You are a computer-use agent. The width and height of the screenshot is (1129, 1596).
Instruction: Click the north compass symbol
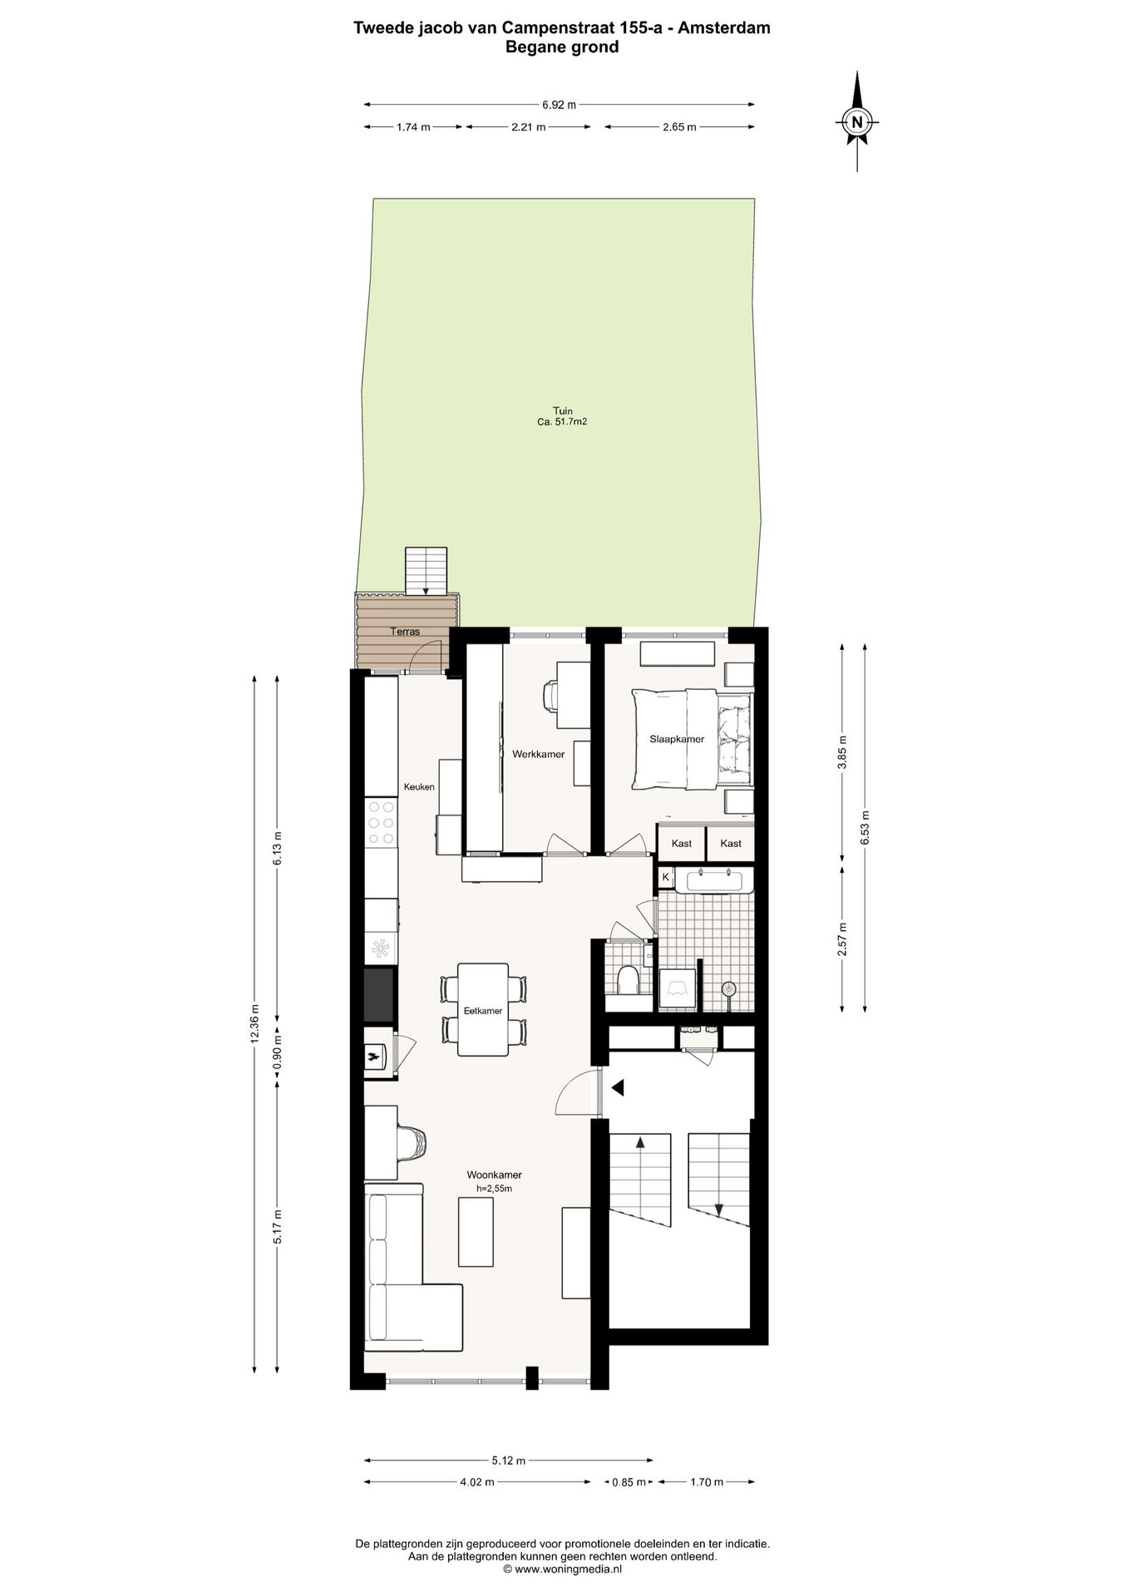point(856,122)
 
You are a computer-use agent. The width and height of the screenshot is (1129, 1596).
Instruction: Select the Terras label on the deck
point(406,632)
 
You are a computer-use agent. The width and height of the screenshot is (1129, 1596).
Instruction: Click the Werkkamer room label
point(538,755)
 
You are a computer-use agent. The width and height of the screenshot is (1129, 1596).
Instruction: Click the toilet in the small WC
point(629,980)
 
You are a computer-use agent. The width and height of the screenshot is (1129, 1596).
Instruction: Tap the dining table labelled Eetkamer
point(483,1009)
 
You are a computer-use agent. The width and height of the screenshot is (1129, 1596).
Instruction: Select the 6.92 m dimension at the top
point(559,105)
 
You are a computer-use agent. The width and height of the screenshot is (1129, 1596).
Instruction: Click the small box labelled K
point(665,876)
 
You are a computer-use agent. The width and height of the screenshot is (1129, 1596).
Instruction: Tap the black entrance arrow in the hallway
point(617,1086)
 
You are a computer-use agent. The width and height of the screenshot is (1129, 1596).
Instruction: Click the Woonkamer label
point(494,1175)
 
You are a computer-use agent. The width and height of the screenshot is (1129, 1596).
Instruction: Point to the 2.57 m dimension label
point(842,939)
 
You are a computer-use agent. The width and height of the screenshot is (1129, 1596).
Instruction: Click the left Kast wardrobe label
point(681,844)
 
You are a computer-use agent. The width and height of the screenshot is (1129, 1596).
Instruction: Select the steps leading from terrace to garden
point(426,570)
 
